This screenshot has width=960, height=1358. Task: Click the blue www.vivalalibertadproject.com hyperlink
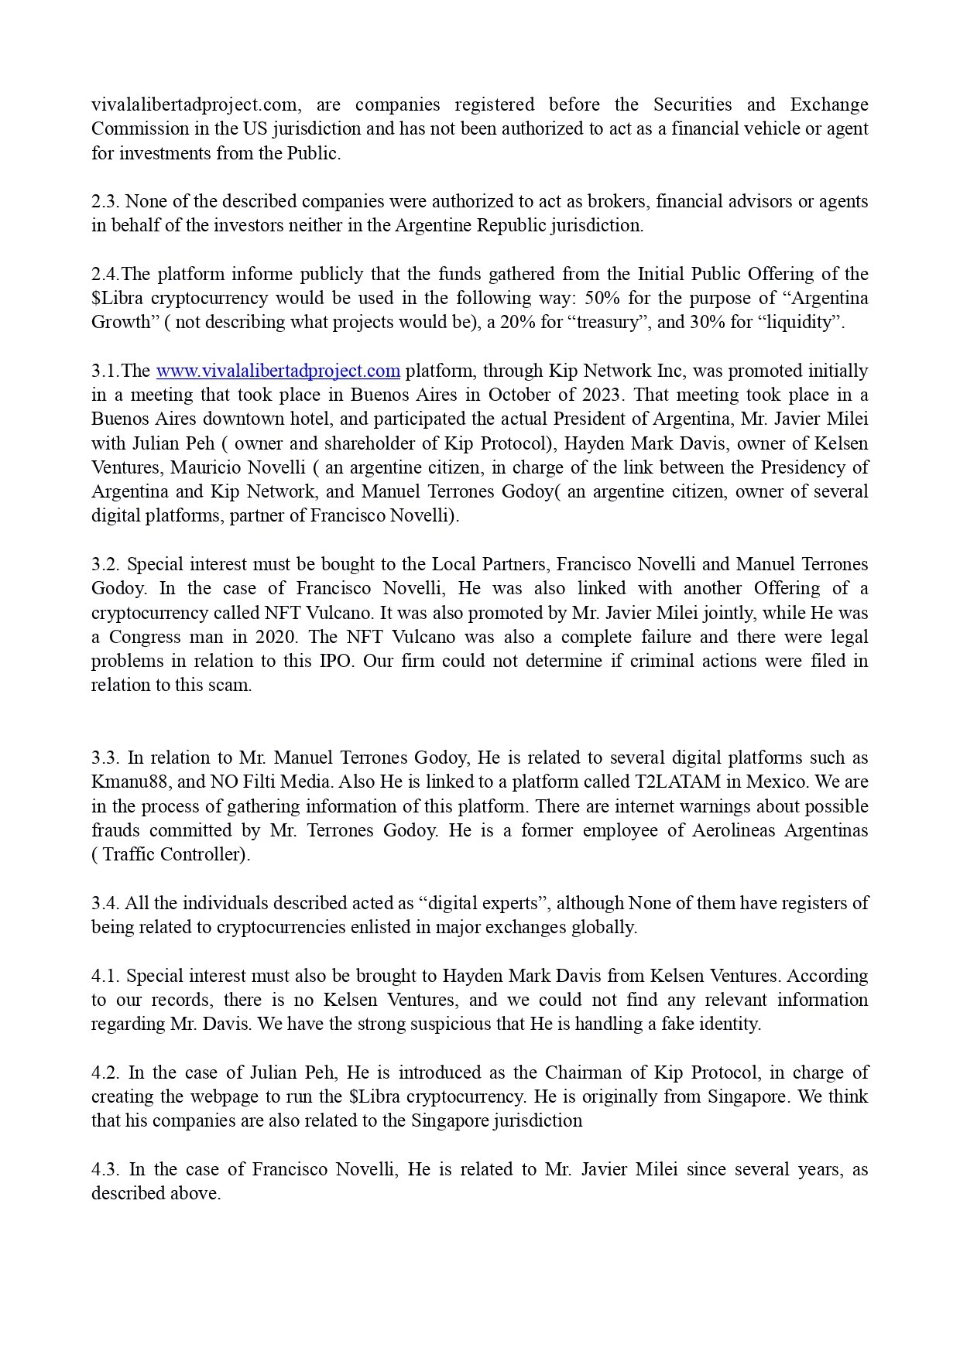pos(278,371)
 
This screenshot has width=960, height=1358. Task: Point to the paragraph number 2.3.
pos(105,201)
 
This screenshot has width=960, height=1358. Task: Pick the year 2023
pos(598,395)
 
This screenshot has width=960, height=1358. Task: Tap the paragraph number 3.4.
pos(105,903)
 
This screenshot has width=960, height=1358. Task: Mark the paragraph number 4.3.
pos(106,1169)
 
